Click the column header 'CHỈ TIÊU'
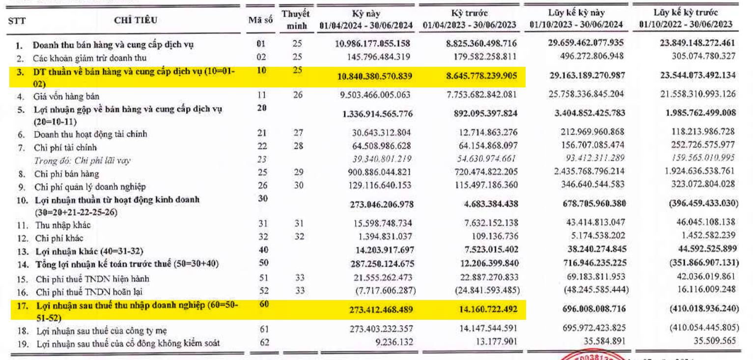(136, 20)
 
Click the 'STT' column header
(17, 21)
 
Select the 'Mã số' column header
(260, 20)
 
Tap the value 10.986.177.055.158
(372, 43)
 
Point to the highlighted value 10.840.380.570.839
(375, 76)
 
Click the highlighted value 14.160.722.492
(488, 309)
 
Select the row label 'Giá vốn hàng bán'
(66, 96)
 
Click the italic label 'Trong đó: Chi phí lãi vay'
(82, 160)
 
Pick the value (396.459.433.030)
(703, 203)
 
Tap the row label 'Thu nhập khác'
(63, 225)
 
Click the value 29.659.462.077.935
(586, 43)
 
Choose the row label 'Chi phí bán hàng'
(67, 174)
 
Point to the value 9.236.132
(394, 342)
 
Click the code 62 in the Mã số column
(265, 342)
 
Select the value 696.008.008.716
(594, 308)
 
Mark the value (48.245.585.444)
(596, 289)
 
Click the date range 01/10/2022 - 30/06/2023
(686, 24)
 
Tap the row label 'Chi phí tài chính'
(65, 147)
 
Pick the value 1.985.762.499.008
(700, 112)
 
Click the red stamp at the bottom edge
(591, 356)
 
